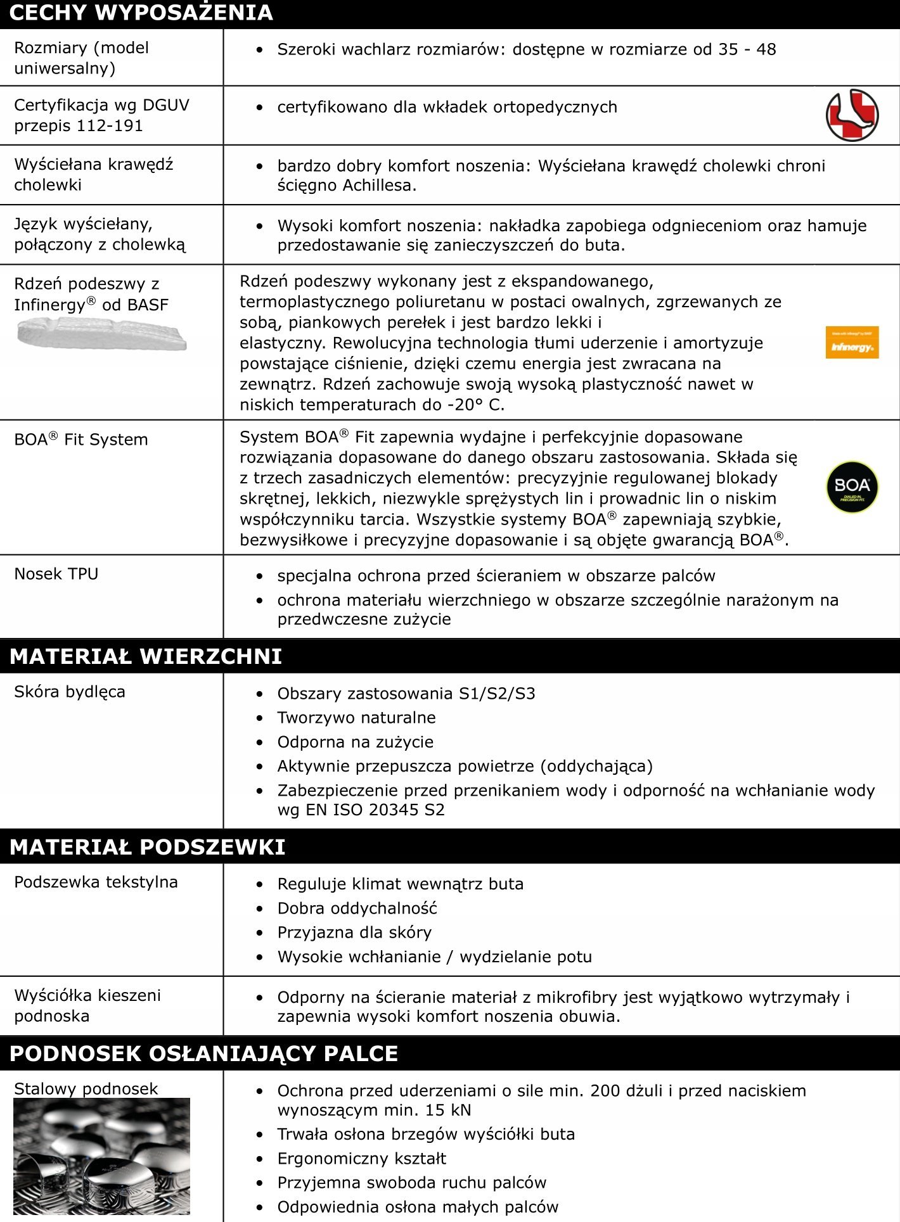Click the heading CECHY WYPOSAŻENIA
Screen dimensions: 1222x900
pyautogui.click(x=141, y=13)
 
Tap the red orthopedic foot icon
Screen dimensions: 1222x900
pyautogui.click(x=852, y=115)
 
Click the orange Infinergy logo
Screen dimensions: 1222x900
pyautogui.click(x=852, y=342)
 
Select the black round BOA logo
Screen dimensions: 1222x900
pyautogui.click(x=852, y=487)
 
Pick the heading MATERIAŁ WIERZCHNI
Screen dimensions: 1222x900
pyautogui.click(x=146, y=656)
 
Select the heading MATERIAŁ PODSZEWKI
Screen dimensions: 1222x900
pyautogui.click(x=147, y=847)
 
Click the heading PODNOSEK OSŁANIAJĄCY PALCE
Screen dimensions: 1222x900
pyautogui.click(x=203, y=1053)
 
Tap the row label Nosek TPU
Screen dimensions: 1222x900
pyautogui.click(x=56, y=574)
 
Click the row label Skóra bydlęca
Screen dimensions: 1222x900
pyautogui.click(x=70, y=692)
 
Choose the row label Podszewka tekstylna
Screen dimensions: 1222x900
pyautogui.click(x=96, y=882)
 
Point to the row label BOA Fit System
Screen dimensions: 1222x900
pyautogui.click(x=81, y=440)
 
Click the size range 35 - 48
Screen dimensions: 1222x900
pyautogui.click(x=747, y=49)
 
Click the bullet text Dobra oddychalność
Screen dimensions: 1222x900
pyautogui.click(x=357, y=908)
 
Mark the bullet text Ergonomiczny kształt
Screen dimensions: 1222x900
pyautogui.click(x=362, y=1159)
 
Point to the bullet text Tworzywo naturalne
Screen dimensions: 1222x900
pyautogui.click(x=357, y=718)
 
